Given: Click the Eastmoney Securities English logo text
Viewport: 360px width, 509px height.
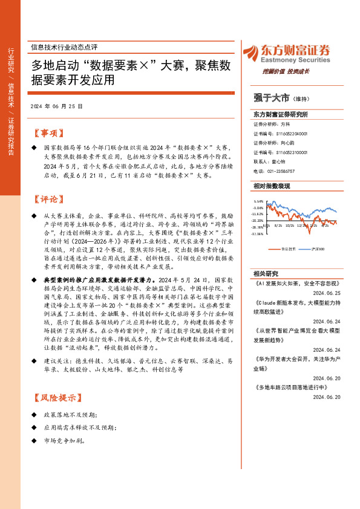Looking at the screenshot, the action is point(287,60).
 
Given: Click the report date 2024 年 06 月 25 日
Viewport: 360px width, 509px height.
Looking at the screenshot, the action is point(56,106).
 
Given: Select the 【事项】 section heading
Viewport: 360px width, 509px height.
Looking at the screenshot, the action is point(47,133).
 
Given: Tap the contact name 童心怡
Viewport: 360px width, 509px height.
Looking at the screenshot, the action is point(278,162).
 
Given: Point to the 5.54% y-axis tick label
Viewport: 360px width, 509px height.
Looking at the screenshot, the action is point(259,202).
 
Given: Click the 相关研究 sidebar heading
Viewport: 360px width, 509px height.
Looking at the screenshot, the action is point(264,274).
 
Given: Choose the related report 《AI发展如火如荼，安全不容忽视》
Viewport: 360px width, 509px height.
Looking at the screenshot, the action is point(296,282).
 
